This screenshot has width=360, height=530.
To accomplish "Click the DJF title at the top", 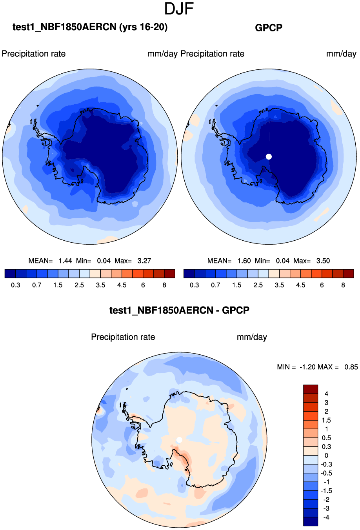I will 179,9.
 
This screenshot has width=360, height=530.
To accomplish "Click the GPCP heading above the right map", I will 269,28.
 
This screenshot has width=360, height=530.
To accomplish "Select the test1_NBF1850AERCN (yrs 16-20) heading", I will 90,27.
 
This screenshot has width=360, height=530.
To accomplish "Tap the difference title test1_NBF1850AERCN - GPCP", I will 179,310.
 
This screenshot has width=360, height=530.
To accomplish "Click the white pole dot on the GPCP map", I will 269,156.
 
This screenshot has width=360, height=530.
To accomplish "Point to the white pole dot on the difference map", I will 179,440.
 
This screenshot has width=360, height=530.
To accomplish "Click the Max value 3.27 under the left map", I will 144,261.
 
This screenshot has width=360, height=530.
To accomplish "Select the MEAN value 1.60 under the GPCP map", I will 244,261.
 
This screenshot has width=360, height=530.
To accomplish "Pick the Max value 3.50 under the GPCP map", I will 323,261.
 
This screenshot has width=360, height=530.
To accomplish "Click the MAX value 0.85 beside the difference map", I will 351,367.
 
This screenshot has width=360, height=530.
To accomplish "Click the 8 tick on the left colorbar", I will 164,285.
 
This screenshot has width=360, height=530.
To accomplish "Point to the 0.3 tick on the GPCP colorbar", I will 195,285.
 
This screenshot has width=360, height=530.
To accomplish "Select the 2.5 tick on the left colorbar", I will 79,285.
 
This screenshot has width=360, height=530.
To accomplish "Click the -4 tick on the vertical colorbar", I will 326,517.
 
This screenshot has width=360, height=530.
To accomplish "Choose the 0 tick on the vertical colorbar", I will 326,456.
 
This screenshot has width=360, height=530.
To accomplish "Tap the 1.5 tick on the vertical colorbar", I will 326,420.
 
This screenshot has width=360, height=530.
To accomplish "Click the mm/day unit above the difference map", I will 252,337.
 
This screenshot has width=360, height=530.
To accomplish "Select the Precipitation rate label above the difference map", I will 123,337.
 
